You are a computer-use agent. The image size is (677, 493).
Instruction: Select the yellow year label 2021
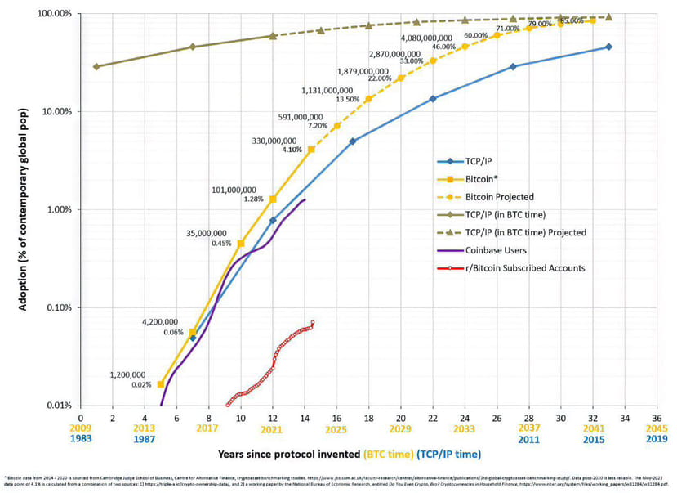(272, 429)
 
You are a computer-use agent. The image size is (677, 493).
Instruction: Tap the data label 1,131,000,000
(327, 91)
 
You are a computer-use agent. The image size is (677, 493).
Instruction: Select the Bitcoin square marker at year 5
(161, 383)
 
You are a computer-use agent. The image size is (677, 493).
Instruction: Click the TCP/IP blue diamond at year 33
(608, 47)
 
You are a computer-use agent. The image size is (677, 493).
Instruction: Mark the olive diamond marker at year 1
(96, 66)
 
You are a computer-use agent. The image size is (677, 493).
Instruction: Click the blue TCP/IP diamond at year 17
(353, 141)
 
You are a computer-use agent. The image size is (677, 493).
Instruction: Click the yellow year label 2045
(657, 429)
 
